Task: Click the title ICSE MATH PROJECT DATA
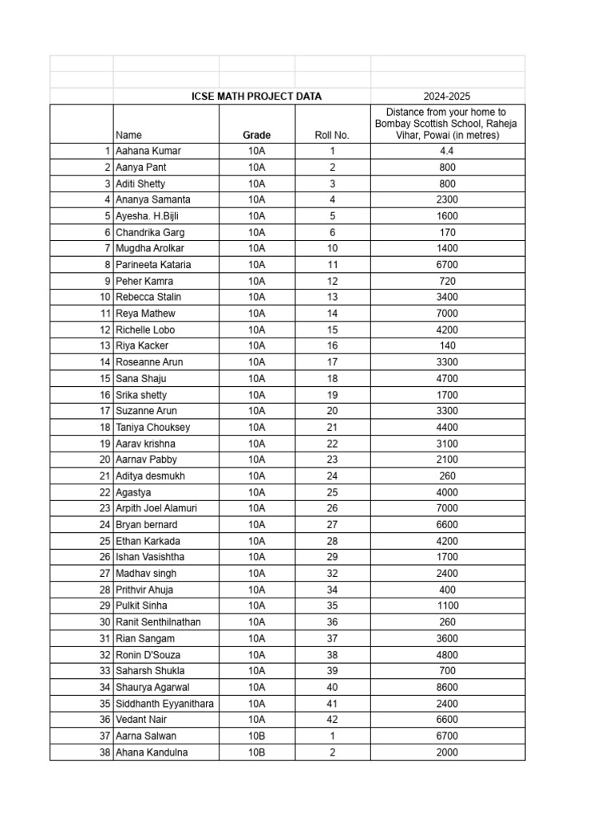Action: (x=256, y=97)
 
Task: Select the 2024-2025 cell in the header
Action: (x=448, y=97)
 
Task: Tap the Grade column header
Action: (x=256, y=136)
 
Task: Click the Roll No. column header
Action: (x=332, y=136)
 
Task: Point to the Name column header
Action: (x=129, y=136)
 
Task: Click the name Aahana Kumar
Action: (x=148, y=151)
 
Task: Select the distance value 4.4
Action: (x=448, y=151)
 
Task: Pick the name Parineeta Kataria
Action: (x=153, y=265)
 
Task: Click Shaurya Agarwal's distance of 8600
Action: (x=448, y=687)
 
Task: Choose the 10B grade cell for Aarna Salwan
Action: (x=256, y=736)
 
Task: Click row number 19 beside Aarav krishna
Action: (x=105, y=444)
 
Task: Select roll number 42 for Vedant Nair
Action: (x=332, y=720)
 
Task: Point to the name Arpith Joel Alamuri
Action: (x=156, y=508)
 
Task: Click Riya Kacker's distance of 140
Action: (x=448, y=346)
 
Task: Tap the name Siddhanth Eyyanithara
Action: (x=164, y=704)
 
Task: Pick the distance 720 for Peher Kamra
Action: (x=448, y=281)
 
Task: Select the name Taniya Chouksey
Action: (x=152, y=427)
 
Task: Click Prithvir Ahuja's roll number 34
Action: (x=332, y=590)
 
